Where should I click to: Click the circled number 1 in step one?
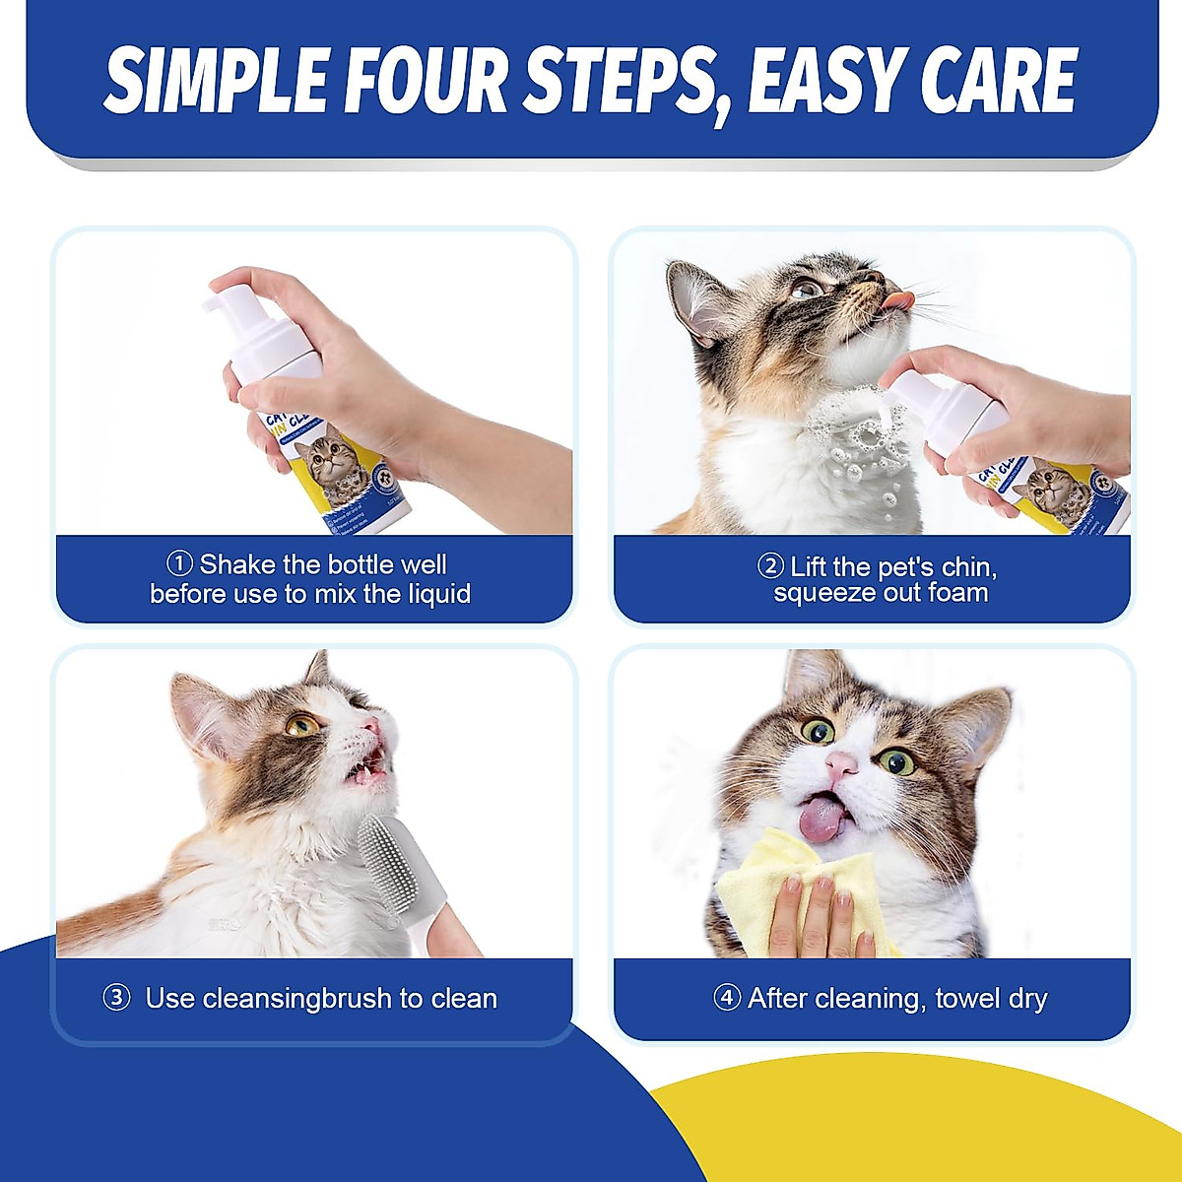179,564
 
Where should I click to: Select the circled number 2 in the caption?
770,566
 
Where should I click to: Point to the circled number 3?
116,998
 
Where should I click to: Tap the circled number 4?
727,998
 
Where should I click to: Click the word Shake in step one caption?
238,564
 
